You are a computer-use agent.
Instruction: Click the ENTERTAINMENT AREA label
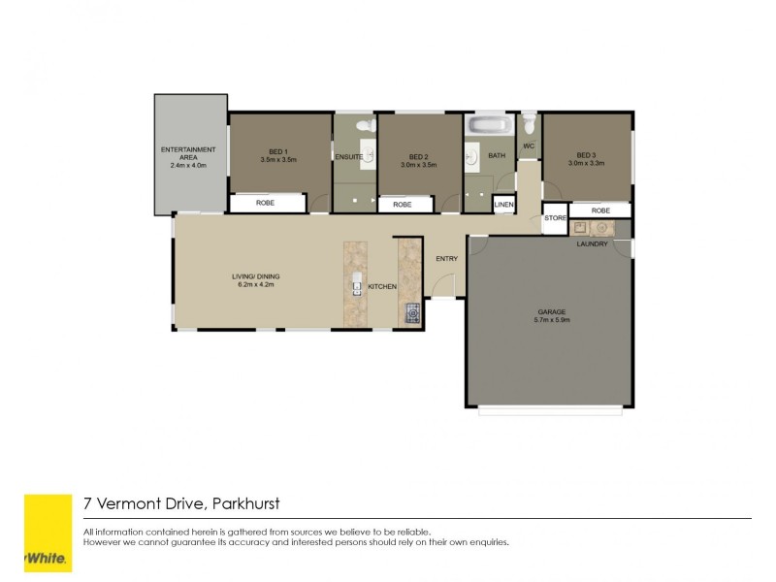[190, 153]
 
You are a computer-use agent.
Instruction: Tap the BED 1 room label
[277, 151]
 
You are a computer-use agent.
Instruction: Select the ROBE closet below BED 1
[265, 205]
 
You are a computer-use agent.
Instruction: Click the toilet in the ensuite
[364, 125]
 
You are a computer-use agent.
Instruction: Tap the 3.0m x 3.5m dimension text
[418, 165]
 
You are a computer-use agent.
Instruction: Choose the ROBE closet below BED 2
[403, 205]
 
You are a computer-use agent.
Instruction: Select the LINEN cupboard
[502, 205]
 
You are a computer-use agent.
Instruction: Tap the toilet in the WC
[529, 124]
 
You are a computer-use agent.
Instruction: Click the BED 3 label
[585, 155]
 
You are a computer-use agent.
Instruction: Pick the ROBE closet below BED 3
[599, 210]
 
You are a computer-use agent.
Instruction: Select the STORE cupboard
[554, 219]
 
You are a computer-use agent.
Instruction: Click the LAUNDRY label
[592, 243]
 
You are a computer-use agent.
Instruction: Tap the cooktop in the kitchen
[411, 311]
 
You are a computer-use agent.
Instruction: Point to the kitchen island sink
[357, 287]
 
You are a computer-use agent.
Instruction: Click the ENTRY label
[446, 258]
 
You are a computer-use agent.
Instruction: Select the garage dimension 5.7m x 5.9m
[552, 319]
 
